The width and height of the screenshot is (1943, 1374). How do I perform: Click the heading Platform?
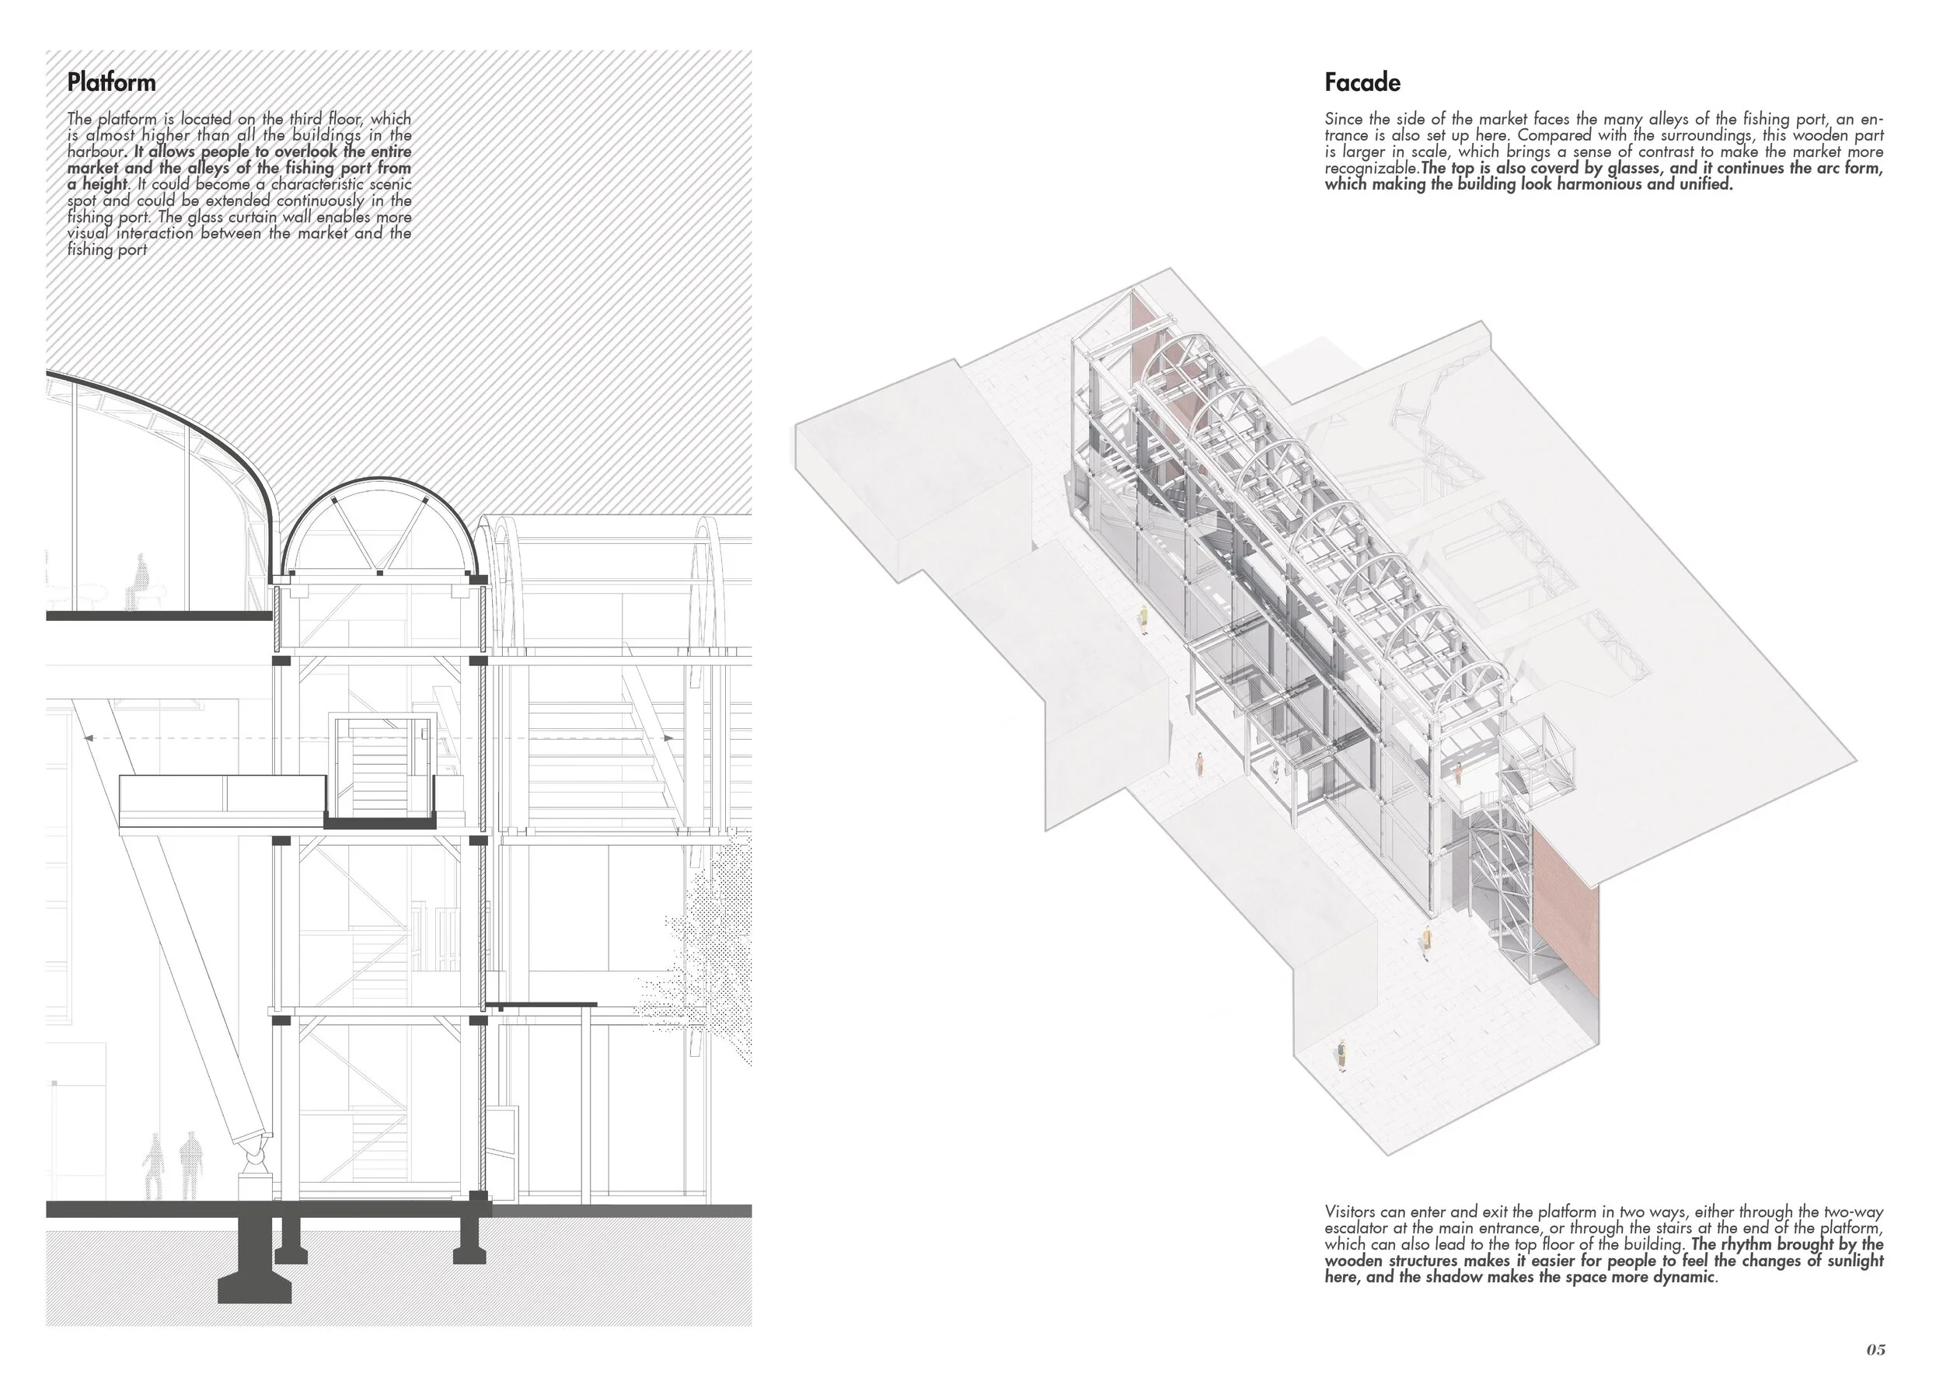[111, 83]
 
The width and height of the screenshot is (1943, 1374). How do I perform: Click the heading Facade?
[1362, 83]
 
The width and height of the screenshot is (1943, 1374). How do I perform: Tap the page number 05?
[1875, 1348]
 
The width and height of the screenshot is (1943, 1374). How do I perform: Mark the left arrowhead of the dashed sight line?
[87, 738]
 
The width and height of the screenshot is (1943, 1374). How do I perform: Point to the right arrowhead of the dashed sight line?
[668, 738]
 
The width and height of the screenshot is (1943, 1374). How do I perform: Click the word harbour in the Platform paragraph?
[96, 152]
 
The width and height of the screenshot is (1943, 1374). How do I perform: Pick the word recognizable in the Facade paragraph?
[1371, 169]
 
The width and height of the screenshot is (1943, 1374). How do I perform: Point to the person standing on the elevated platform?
[1458, 772]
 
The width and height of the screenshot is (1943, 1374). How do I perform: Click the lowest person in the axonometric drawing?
[1342, 1054]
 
